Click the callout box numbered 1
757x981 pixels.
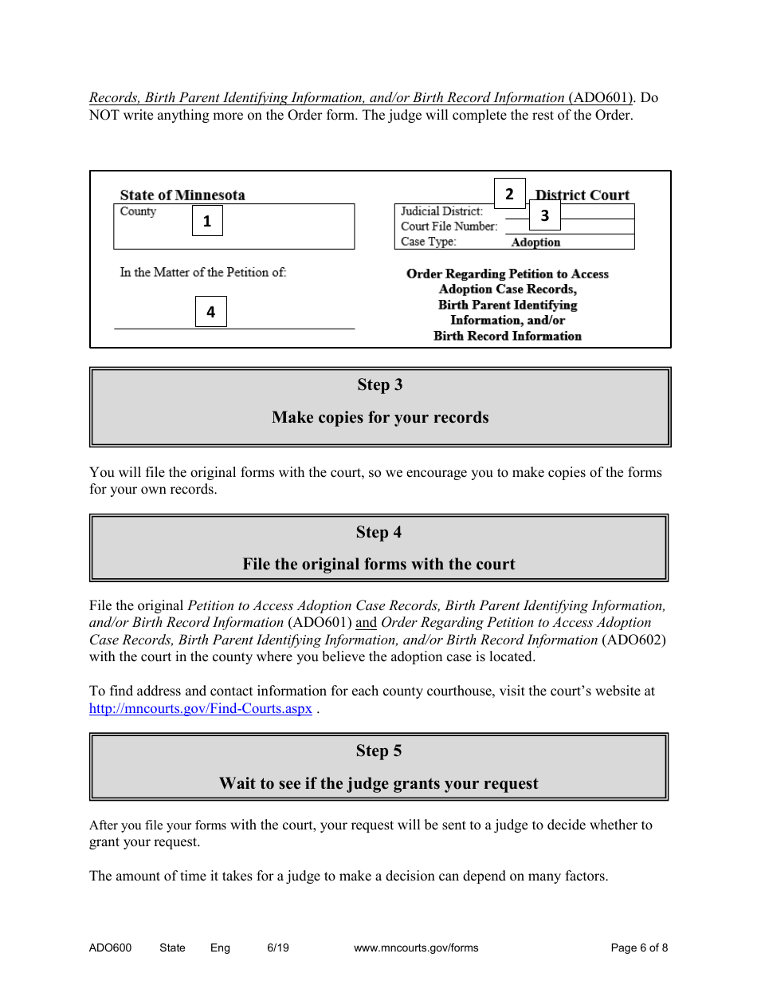click(x=207, y=222)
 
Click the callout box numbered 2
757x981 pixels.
click(x=509, y=194)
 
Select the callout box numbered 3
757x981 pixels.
click(x=545, y=215)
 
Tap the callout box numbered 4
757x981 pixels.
click(x=211, y=312)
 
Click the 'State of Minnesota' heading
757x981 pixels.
click(x=182, y=195)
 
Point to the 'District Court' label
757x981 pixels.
click(x=582, y=195)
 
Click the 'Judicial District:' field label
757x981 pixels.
click(x=441, y=211)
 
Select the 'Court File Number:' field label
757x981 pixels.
click(x=449, y=227)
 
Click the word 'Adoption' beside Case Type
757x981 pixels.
click(x=535, y=242)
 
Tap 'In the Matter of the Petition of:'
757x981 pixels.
click(x=203, y=273)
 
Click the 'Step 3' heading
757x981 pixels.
click(x=379, y=385)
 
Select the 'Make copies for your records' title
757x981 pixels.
click(x=379, y=417)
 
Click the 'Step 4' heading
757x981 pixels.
click(x=379, y=532)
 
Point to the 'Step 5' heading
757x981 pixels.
click(x=379, y=751)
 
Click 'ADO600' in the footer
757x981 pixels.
click(x=110, y=948)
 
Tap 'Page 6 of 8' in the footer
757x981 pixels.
click(x=639, y=948)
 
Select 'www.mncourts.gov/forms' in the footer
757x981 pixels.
click(x=415, y=948)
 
